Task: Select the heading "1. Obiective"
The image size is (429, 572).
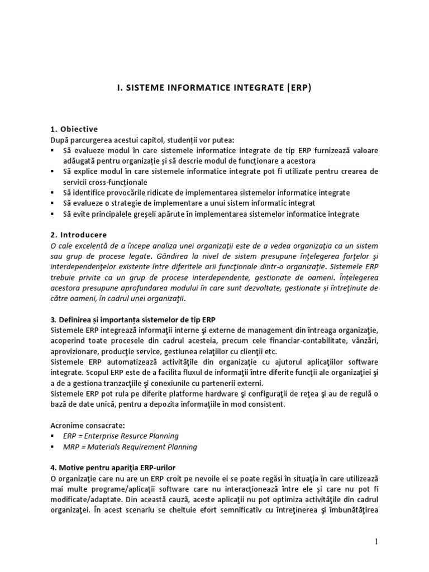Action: tap(74, 129)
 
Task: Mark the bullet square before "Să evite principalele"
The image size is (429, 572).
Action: tap(53, 214)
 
